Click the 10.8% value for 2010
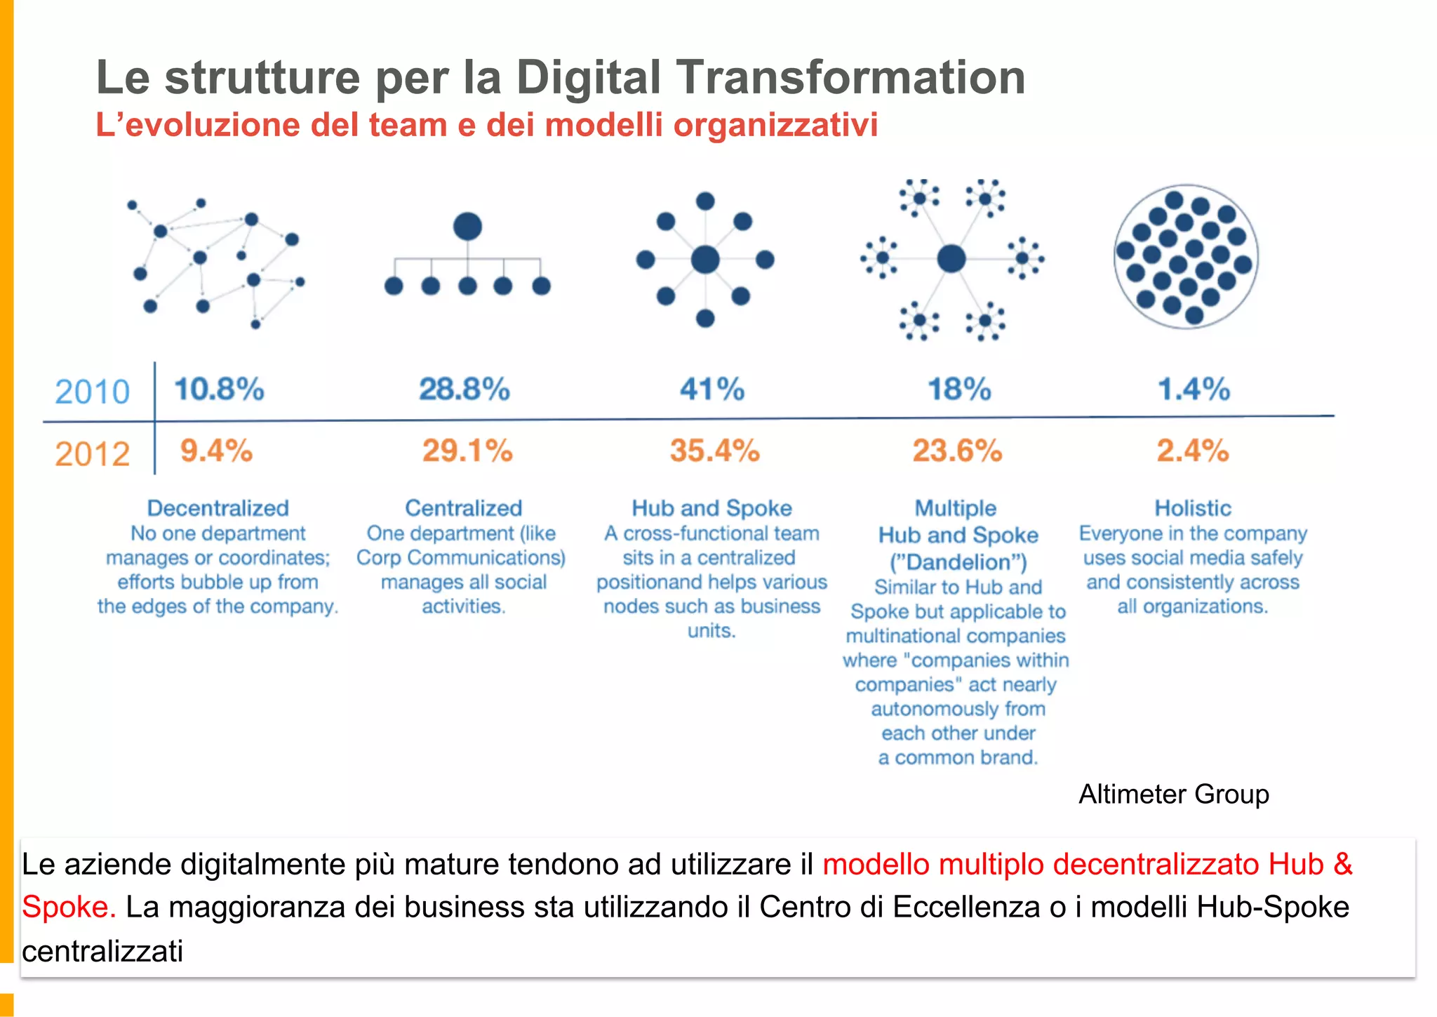219,389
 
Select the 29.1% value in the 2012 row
467,451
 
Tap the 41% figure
711,389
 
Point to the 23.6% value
957,451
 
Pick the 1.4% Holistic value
1194,389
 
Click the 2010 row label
92,392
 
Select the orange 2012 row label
92,454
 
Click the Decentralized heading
218,507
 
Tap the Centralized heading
463,507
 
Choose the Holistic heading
1193,507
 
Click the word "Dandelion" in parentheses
958,562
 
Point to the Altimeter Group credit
1173,794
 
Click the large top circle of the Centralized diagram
467,227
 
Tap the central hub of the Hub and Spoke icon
705,260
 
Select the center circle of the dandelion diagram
951,258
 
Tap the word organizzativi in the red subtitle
775,125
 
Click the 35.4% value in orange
714,451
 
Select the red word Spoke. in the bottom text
68,907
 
